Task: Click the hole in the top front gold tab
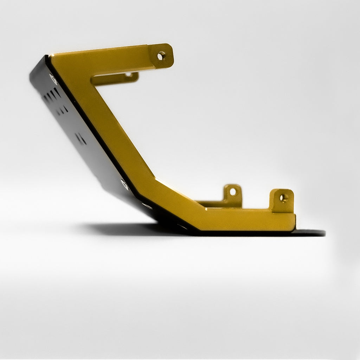pos(161,56)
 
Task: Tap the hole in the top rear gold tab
pos(128,75)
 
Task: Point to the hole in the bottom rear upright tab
pos(233,192)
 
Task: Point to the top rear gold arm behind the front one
pos(116,78)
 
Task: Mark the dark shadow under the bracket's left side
pos(116,229)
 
